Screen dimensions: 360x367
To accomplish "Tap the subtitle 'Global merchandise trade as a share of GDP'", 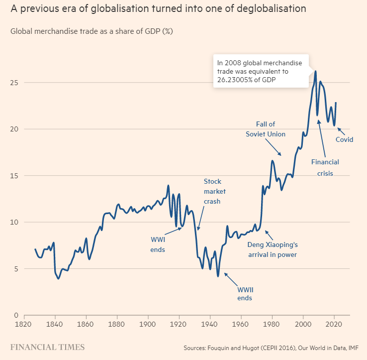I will [92, 32].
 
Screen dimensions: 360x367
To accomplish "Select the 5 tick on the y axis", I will [16, 269].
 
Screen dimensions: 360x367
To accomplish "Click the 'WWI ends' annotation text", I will [158, 244].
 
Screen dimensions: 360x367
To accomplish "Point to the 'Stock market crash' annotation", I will [212, 191].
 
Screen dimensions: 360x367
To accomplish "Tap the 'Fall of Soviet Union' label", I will [266, 129].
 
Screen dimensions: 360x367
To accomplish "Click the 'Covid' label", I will [344, 139].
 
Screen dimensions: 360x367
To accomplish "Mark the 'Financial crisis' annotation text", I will [325, 167].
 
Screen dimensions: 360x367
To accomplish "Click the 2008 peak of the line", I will [315, 71].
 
